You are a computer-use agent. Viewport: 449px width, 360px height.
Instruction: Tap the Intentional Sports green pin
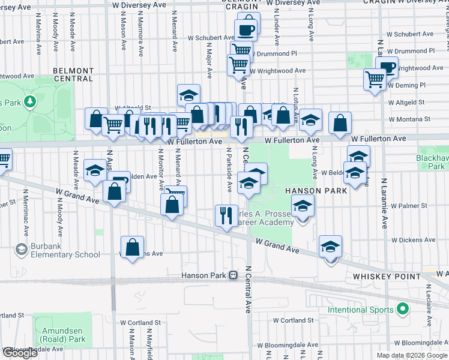[x=403, y=310]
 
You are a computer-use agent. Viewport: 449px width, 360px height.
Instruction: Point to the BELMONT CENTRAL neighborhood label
[x=73, y=74]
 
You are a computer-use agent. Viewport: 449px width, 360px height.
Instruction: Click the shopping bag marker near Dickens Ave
[x=132, y=246]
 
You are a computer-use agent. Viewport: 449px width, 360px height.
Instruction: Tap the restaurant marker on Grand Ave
[x=226, y=215]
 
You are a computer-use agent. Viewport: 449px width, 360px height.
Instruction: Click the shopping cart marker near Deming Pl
[x=375, y=78]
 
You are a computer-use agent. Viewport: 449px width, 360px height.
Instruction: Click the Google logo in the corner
[x=20, y=353]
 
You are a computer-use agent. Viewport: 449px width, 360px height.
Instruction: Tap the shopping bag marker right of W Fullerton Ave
[x=340, y=123]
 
